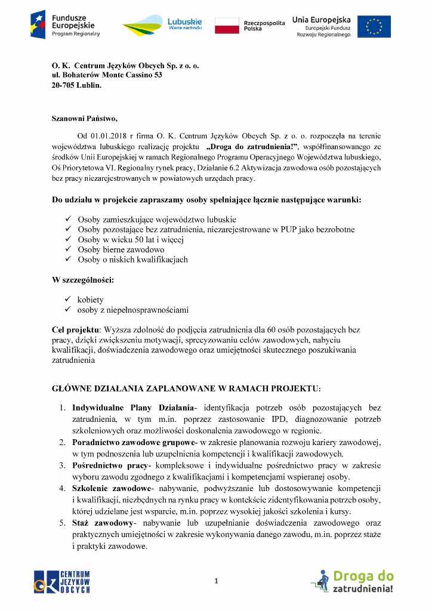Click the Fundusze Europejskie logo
pos(66,24)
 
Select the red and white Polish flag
pos(227,25)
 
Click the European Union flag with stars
pos(374,26)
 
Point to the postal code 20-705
pos(64,85)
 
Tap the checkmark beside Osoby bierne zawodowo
pos(68,249)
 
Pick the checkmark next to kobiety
pos(68,300)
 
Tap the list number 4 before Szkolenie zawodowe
pos(62,487)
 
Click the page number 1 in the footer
pos(217,581)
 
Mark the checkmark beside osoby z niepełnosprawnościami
pos(68,310)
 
